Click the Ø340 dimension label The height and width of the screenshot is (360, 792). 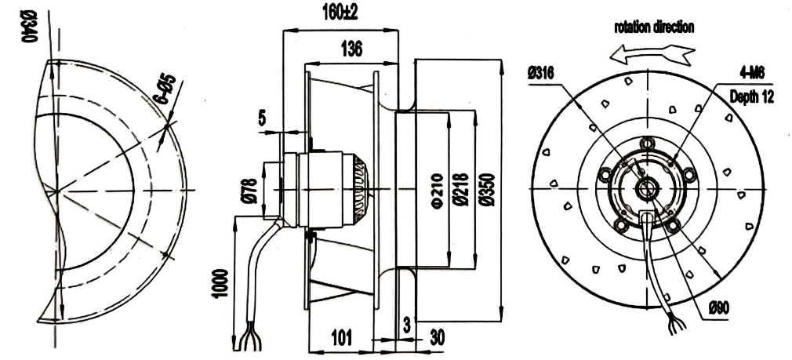click(31, 27)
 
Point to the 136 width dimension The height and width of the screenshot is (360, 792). click(351, 49)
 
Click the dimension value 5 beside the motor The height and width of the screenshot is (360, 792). click(262, 118)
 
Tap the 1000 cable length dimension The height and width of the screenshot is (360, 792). click(220, 283)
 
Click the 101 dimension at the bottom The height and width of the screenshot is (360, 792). click(341, 337)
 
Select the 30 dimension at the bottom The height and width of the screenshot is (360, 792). click(437, 338)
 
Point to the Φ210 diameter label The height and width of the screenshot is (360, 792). click(438, 190)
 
